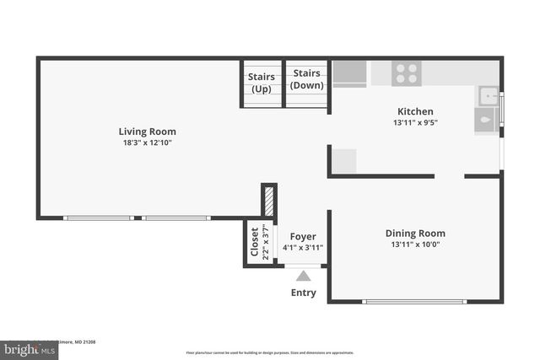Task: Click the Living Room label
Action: point(147,132)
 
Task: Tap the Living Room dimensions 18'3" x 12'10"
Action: point(147,143)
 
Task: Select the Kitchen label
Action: point(415,111)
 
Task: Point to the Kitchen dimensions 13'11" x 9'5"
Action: point(415,123)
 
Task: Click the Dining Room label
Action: point(415,234)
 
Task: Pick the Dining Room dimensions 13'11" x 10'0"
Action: point(415,245)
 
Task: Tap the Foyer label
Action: point(303,237)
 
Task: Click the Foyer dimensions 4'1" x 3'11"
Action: point(303,248)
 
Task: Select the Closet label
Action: point(254,242)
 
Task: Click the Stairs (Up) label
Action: point(262,83)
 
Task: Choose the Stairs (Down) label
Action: point(307,79)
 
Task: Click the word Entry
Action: point(304,293)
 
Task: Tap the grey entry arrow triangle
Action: point(304,276)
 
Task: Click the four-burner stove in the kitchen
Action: point(407,73)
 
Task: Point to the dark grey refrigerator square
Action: point(349,73)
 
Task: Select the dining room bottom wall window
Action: point(413,301)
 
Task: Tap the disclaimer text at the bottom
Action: point(270,352)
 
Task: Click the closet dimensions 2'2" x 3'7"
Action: point(265,242)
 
